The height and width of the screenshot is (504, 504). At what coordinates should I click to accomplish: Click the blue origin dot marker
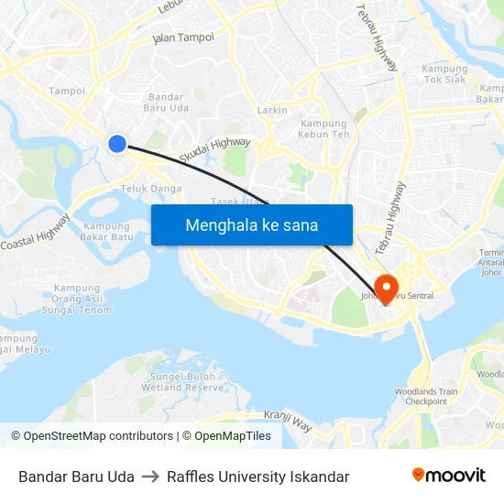pos(117,143)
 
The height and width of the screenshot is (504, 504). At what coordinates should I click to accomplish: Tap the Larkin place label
pos(272,110)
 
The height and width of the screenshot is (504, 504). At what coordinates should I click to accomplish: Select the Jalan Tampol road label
pos(183,38)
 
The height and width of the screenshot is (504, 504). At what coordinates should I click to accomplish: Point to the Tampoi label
pos(67,91)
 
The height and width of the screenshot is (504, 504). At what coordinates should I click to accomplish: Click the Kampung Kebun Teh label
pos(323,129)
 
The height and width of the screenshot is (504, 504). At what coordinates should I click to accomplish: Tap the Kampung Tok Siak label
pos(444,74)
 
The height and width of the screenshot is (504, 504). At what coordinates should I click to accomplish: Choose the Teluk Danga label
pos(151,189)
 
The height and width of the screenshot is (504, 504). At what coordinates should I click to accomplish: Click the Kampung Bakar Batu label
pos(108,231)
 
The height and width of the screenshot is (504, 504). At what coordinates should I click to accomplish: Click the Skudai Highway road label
pos(214,150)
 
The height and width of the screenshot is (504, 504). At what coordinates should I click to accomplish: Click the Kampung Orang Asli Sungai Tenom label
pos(82,299)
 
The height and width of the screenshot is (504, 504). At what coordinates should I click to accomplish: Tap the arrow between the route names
pos(150,477)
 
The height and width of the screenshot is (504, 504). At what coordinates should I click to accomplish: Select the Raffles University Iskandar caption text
pos(257,477)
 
